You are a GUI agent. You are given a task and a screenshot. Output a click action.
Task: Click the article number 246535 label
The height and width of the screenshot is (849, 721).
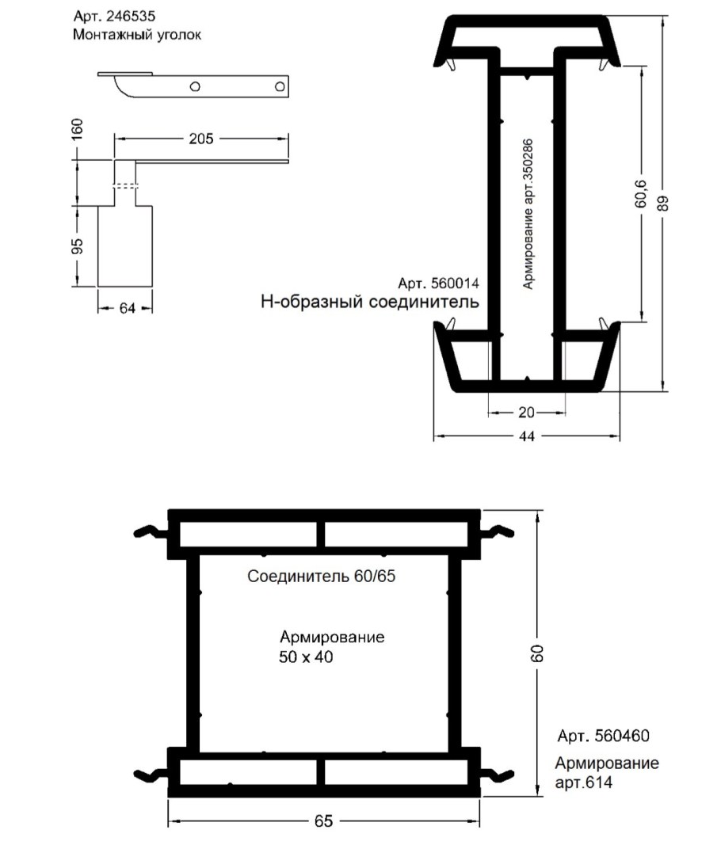[x=114, y=17]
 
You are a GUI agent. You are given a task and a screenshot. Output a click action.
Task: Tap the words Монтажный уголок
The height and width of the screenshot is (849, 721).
[x=137, y=35]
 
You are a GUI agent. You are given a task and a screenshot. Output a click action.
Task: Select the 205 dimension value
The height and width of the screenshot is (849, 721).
[x=201, y=139]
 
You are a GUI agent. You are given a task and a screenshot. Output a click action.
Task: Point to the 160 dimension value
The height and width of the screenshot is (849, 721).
[x=78, y=130]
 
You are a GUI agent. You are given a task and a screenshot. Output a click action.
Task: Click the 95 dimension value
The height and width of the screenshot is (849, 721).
[x=78, y=246]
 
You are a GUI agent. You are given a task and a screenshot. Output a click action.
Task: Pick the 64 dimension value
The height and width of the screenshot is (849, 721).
[x=128, y=308]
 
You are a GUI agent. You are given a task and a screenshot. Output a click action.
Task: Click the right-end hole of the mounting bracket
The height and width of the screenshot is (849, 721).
[x=280, y=86]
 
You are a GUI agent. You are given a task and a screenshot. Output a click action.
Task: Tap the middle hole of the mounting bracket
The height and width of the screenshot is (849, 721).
[x=195, y=86]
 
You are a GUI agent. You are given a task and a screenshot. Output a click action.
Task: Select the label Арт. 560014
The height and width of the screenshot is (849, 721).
[x=438, y=284]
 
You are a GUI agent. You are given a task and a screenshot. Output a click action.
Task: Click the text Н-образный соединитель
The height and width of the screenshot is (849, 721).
[x=370, y=302]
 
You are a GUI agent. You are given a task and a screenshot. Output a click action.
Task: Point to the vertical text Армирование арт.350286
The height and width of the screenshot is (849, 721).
[x=528, y=215]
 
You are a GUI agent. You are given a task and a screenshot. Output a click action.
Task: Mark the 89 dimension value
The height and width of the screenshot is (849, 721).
[x=663, y=203]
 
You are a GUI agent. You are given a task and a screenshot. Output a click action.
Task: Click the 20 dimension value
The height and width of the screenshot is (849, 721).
[x=527, y=413]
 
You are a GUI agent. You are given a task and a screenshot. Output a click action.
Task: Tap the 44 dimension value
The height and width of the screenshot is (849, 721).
[x=527, y=436]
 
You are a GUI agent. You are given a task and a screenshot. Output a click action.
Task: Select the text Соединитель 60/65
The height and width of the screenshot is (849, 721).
[x=321, y=576]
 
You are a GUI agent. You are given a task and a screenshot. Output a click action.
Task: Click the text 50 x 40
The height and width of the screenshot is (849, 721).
[x=306, y=657]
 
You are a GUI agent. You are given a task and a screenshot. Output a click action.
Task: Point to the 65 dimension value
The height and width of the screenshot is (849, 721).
[x=323, y=821]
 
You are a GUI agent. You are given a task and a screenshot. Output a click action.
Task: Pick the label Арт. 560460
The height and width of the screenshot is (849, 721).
[x=604, y=736]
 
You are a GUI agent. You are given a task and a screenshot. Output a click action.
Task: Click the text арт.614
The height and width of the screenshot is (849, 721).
[x=583, y=782]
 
